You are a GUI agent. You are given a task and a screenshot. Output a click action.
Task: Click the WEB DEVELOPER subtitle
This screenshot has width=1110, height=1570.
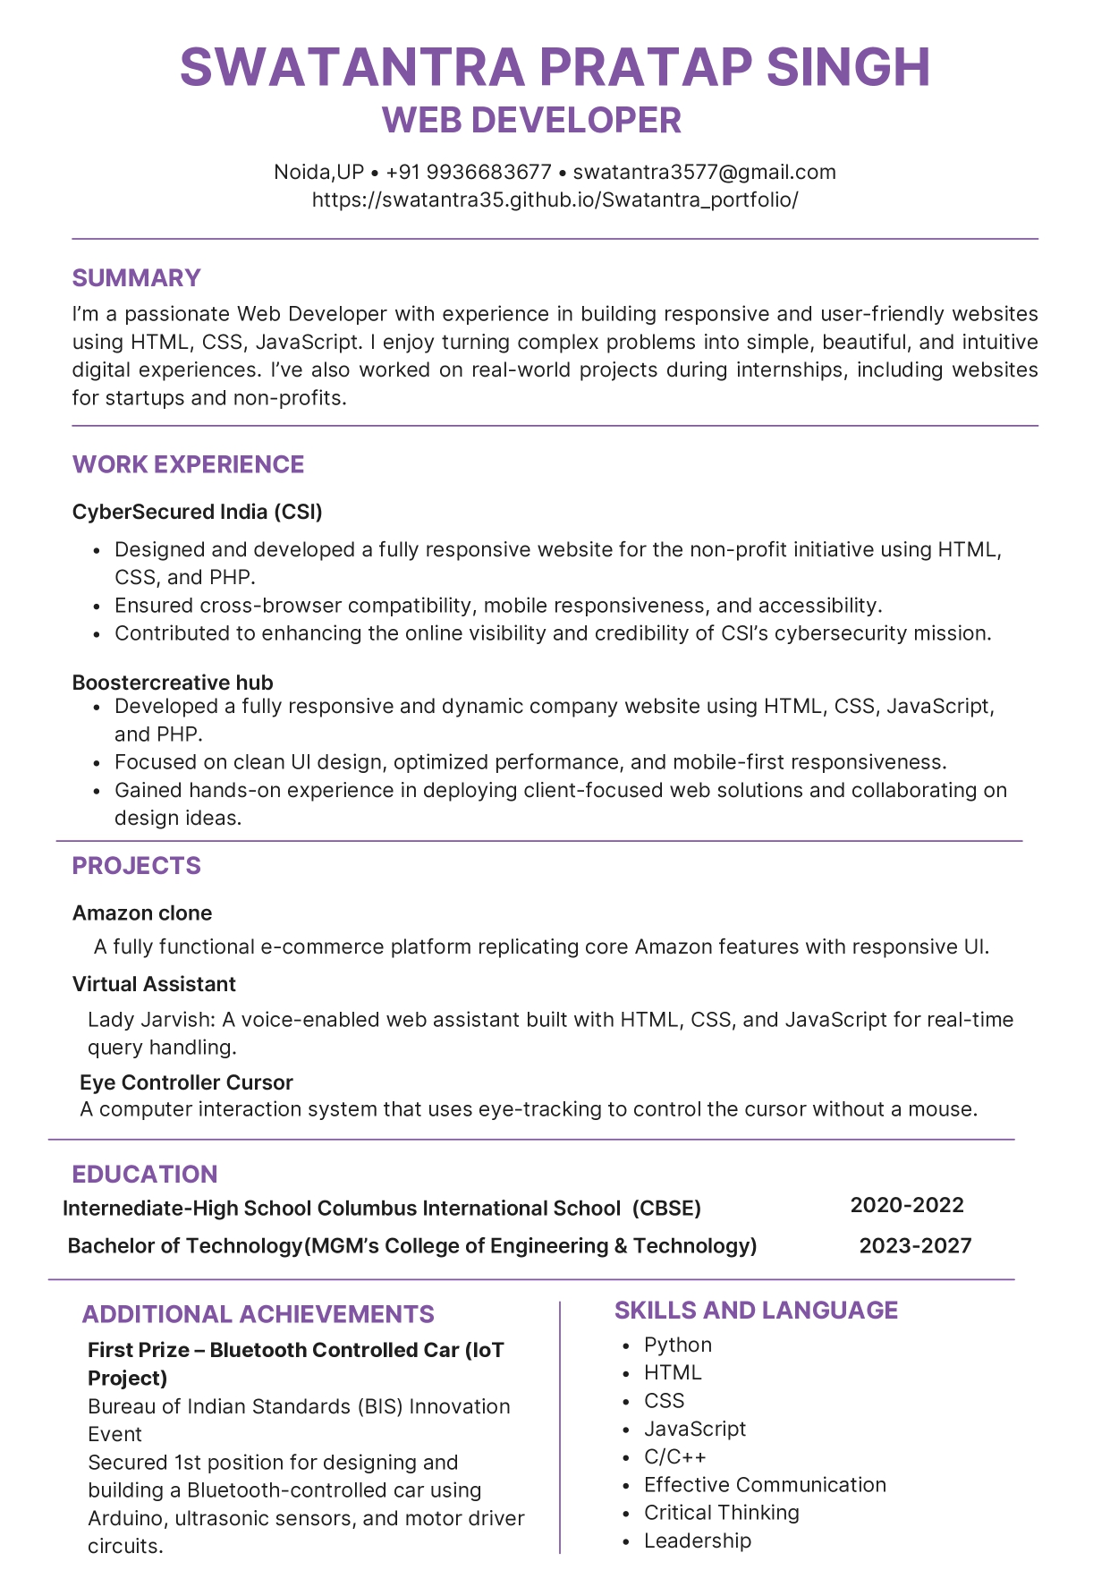pyautogui.click(x=531, y=121)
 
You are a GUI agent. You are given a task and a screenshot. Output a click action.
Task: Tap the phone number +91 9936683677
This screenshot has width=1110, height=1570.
pyautogui.click(x=469, y=172)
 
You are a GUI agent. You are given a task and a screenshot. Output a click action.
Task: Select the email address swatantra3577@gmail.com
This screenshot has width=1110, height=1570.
pyautogui.click(x=704, y=172)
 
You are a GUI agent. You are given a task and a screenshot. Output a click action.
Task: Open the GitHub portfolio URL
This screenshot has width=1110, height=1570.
pyautogui.click(x=555, y=199)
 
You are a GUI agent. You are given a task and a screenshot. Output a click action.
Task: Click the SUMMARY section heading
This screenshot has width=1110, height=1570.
pyautogui.click(x=136, y=278)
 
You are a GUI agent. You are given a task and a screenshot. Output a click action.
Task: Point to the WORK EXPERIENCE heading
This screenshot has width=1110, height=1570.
pyautogui.click(x=188, y=464)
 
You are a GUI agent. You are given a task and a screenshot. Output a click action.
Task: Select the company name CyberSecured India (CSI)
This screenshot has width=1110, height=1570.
pyautogui.click(x=197, y=512)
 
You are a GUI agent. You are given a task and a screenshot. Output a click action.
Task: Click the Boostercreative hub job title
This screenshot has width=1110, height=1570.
pyautogui.click(x=173, y=683)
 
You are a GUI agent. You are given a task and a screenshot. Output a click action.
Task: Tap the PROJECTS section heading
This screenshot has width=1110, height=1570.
pyautogui.click(x=136, y=866)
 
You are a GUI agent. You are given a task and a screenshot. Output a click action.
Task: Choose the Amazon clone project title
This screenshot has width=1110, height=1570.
pyautogui.click(x=142, y=913)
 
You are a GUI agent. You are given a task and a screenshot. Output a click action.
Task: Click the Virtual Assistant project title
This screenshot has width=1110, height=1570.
pyautogui.click(x=154, y=984)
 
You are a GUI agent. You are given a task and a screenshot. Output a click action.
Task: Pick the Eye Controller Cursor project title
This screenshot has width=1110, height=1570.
pyautogui.click(x=186, y=1082)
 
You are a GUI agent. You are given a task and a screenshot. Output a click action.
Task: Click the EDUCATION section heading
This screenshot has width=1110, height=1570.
pyautogui.click(x=144, y=1175)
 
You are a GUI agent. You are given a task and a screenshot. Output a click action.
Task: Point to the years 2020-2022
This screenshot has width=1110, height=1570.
pyautogui.click(x=907, y=1205)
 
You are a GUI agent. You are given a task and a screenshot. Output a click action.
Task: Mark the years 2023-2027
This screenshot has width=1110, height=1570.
pyautogui.click(x=915, y=1246)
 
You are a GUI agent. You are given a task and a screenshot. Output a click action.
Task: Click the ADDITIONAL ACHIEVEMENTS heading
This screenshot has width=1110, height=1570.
pyautogui.click(x=258, y=1314)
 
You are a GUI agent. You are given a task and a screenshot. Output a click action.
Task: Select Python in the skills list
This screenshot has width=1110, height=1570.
pyautogui.click(x=678, y=1345)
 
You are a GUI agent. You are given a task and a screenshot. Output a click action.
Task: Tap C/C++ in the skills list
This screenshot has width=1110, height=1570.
pyautogui.click(x=674, y=1457)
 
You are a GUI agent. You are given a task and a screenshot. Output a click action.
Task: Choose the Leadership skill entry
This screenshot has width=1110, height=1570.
pyautogui.click(x=698, y=1540)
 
